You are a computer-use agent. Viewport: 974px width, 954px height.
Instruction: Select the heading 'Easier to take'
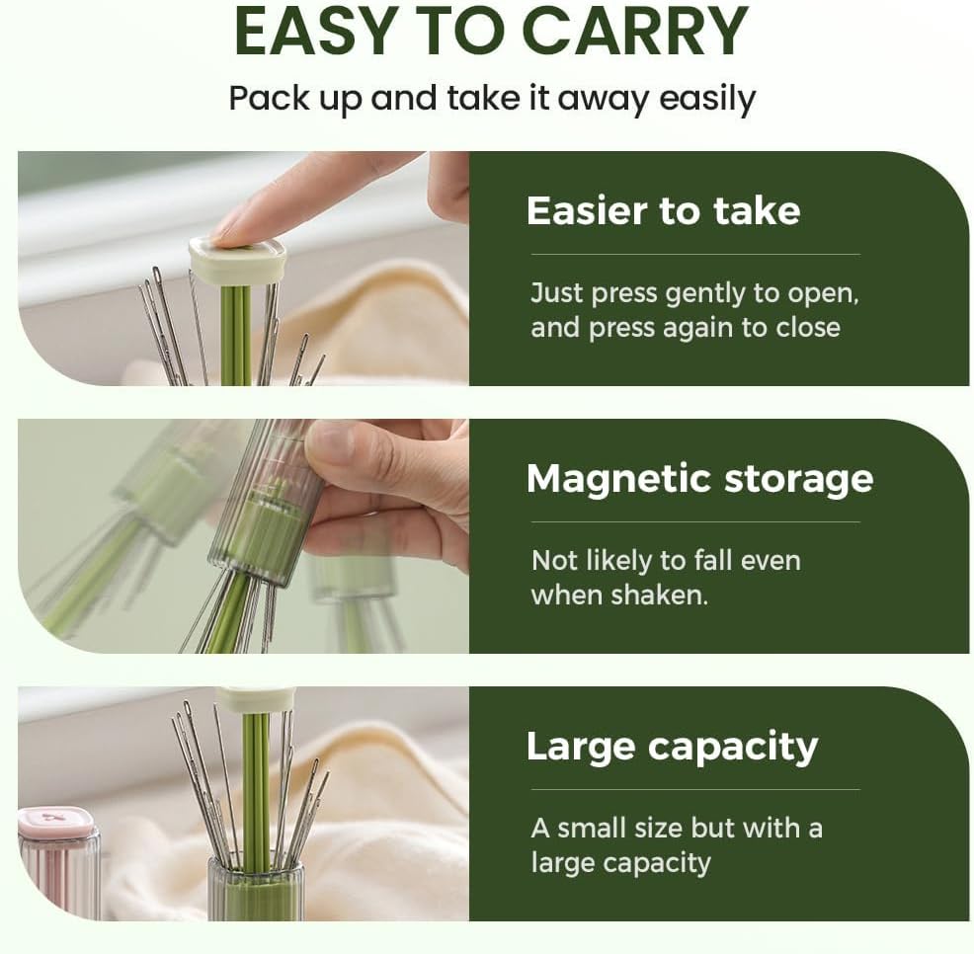coord(663,210)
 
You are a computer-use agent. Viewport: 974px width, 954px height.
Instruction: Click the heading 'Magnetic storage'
coord(699,479)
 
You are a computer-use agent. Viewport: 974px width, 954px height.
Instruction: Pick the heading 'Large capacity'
coord(672,746)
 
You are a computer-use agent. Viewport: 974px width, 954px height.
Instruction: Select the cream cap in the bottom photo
coord(254,699)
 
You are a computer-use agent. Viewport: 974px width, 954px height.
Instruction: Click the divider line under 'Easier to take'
coord(695,254)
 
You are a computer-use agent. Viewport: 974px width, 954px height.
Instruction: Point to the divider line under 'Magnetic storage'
coord(695,521)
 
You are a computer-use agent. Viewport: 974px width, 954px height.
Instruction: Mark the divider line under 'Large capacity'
coord(695,789)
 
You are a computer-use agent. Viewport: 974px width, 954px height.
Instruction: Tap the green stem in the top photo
coord(235,336)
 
